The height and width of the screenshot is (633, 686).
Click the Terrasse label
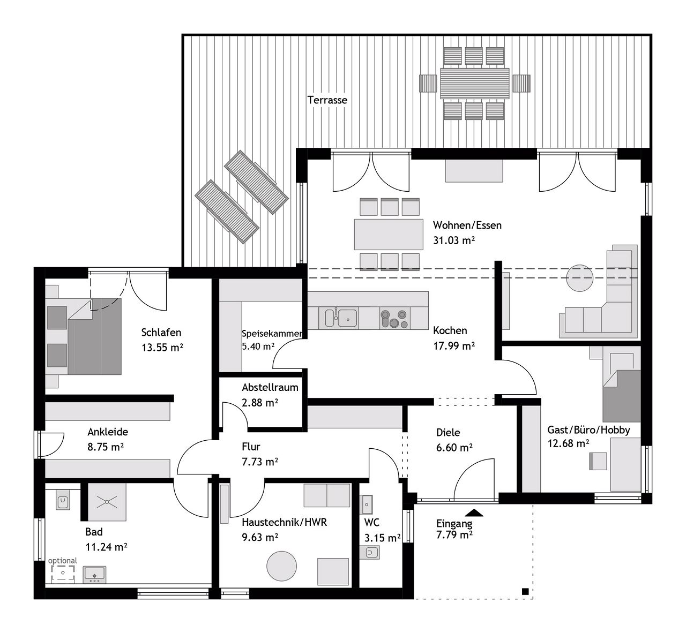(x=327, y=100)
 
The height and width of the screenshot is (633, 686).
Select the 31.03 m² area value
(x=454, y=240)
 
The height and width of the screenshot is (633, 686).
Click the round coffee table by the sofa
(x=579, y=278)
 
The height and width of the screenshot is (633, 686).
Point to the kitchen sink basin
(x=347, y=318)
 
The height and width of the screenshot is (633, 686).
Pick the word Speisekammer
(x=272, y=334)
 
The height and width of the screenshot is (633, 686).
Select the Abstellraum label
(x=270, y=387)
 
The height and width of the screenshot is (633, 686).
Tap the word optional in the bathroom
(x=63, y=561)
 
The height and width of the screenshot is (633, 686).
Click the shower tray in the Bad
(x=107, y=502)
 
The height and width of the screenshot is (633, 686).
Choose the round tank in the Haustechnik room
(x=281, y=566)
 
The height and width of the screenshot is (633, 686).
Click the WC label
(x=371, y=523)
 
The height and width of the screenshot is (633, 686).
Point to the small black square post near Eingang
(x=525, y=592)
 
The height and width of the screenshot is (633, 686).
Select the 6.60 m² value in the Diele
(x=454, y=448)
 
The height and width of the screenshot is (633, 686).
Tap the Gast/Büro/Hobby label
(x=588, y=430)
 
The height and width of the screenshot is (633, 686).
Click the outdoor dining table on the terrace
(x=475, y=83)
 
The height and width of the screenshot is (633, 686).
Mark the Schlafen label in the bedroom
(x=161, y=332)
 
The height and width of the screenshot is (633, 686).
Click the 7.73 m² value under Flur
(x=260, y=462)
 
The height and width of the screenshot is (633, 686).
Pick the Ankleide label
(x=107, y=432)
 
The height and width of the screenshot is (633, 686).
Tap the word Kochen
(x=450, y=330)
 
